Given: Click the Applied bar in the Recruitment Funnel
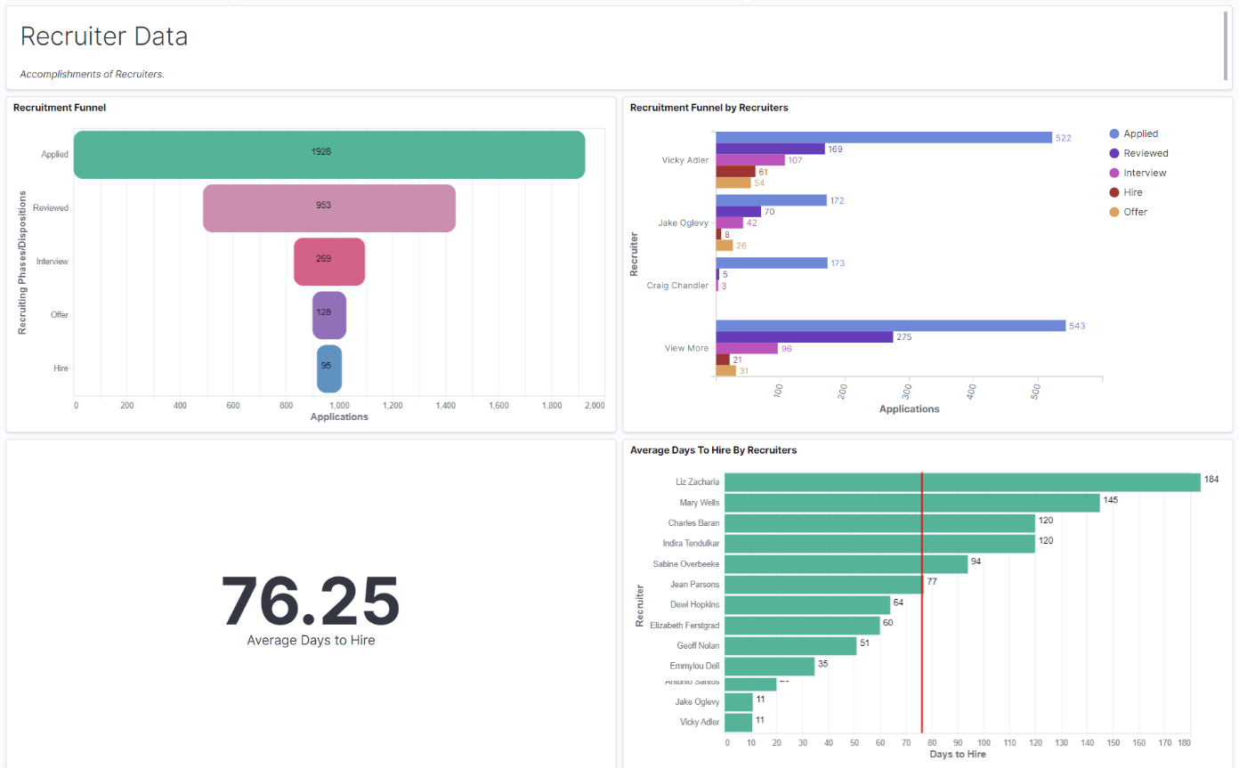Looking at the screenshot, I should pos(329,154).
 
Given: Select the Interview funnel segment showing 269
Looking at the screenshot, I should pos(329,262).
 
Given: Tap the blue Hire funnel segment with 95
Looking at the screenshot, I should pos(329,368).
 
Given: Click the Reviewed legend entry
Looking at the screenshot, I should pos(1145,153).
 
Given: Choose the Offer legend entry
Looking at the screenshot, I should pos(1135,212).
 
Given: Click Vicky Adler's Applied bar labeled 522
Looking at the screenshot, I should pos(883,138).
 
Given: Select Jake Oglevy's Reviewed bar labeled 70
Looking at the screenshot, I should pos(738,212).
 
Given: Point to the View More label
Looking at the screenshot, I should pos(686,348).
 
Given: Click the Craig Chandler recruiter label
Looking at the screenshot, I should pos(677,286).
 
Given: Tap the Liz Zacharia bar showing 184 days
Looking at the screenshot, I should pos(961,482).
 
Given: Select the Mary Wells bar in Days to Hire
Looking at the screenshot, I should pos(911,503).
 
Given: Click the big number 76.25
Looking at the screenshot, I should pos(311,602).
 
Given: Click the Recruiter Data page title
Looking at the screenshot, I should pos(103,36).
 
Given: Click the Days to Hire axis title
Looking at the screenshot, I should pos(957,755).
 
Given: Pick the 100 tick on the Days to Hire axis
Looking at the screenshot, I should pos(984,741).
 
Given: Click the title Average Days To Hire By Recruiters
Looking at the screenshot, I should pos(713,450).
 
